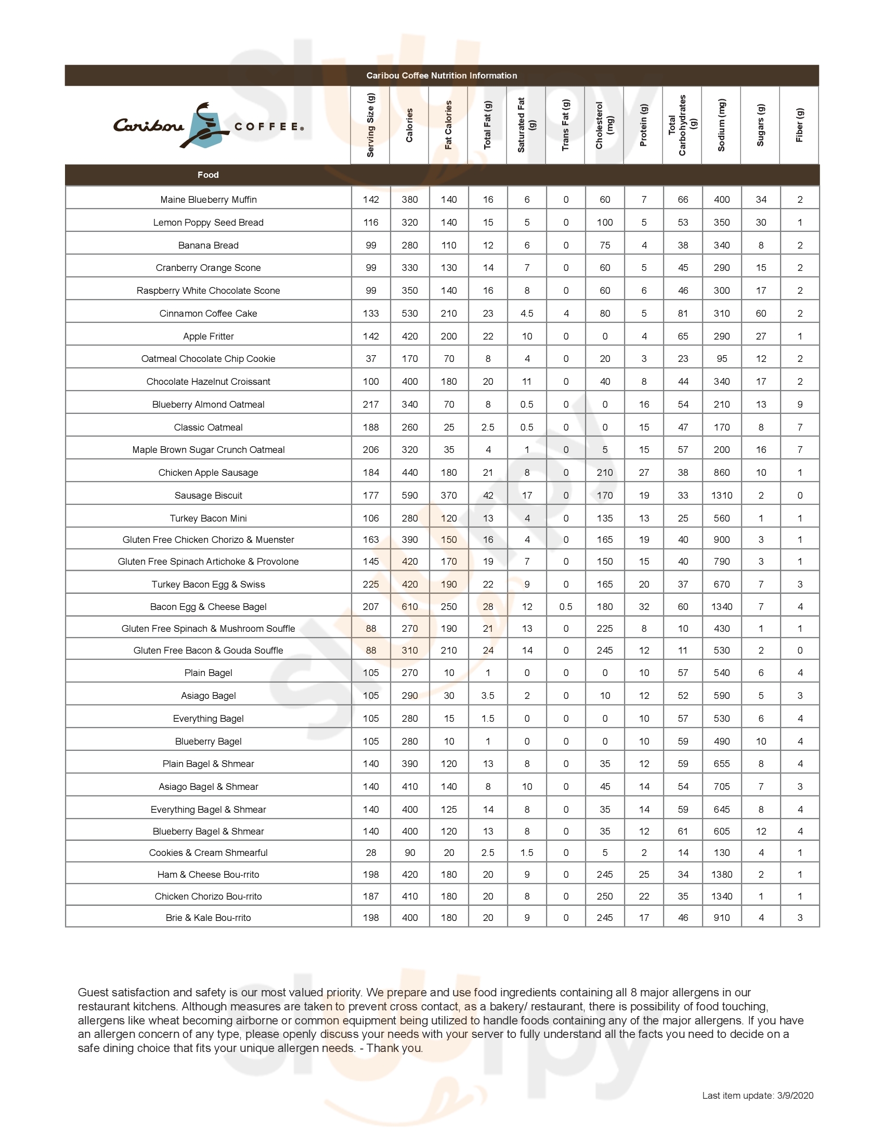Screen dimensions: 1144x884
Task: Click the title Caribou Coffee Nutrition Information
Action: point(441,75)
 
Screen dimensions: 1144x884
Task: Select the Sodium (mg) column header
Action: point(721,125)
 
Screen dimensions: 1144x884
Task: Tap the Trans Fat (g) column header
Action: point(565,125)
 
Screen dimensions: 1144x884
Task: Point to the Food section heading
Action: point(208,175)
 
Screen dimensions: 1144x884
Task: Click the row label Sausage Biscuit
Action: point(209,496)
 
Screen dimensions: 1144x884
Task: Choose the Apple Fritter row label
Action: point(209,336)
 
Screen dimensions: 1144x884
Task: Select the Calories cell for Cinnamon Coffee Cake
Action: point(410,314)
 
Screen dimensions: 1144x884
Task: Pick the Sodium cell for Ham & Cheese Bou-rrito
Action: point(721,875)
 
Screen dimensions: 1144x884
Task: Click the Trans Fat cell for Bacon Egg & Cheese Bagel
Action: point(566,607)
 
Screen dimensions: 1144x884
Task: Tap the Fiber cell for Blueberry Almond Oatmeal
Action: point(800,405)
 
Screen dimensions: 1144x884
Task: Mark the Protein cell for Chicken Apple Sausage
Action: point(644,473)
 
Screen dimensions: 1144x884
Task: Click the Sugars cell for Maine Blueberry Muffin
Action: point(761,200)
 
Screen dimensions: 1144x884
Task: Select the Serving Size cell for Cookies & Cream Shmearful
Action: point(371,853)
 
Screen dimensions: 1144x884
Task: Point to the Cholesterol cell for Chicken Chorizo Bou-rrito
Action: point(604,897)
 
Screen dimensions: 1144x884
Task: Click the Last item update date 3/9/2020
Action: point(795,1095)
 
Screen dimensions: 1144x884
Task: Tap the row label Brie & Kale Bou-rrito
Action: point(209,918)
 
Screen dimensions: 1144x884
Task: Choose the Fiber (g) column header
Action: point(799,125)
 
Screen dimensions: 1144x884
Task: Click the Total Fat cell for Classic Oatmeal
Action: point(488,427)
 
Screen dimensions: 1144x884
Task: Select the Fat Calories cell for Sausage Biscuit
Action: point(449,496)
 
